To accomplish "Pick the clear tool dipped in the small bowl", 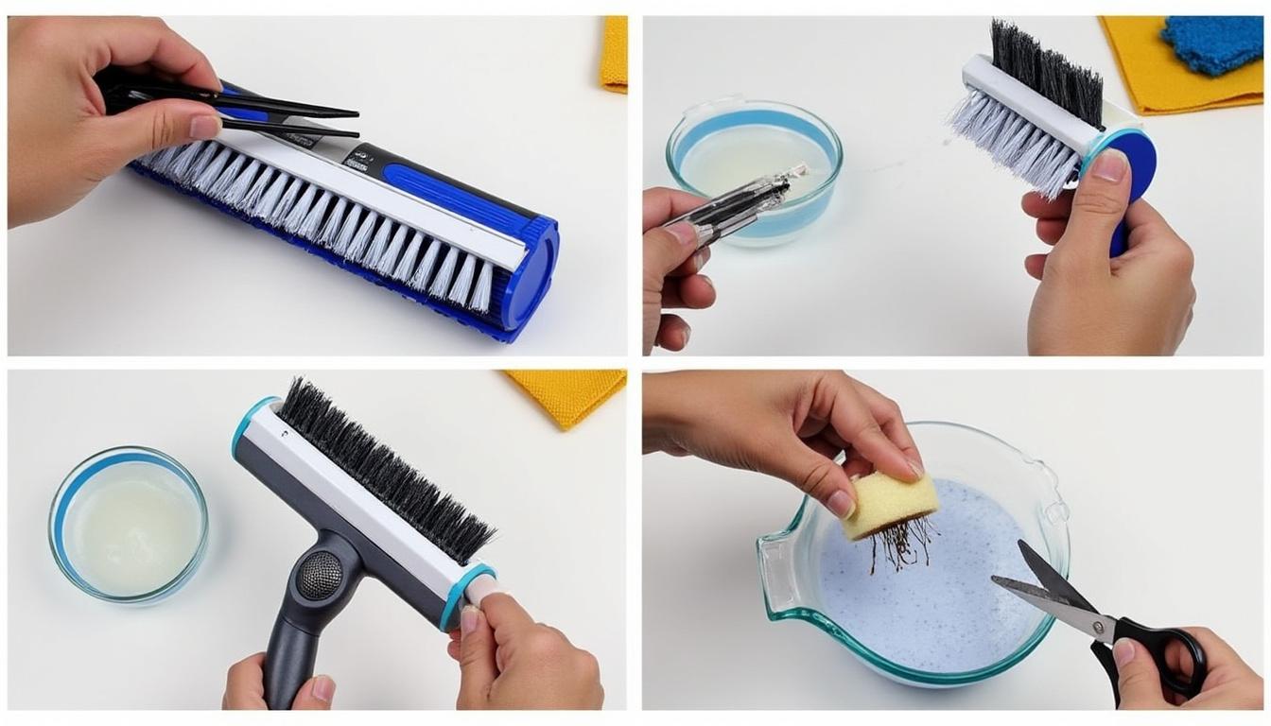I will tap(728, 204).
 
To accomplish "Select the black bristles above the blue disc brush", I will tap(1045, 71).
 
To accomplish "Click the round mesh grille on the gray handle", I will tap(320, 576).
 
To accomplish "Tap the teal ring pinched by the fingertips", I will tap(467, 596).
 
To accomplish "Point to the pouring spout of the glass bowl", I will tap(770, 558).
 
